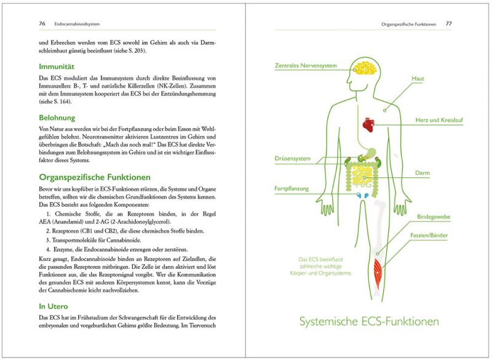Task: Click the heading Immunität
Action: (40, 66)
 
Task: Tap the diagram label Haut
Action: (418, 79)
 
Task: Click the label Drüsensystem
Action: (292, 159)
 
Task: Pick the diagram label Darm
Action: (422, 173)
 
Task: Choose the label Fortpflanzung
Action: (292, 188)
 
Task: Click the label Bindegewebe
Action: (434, 217)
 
